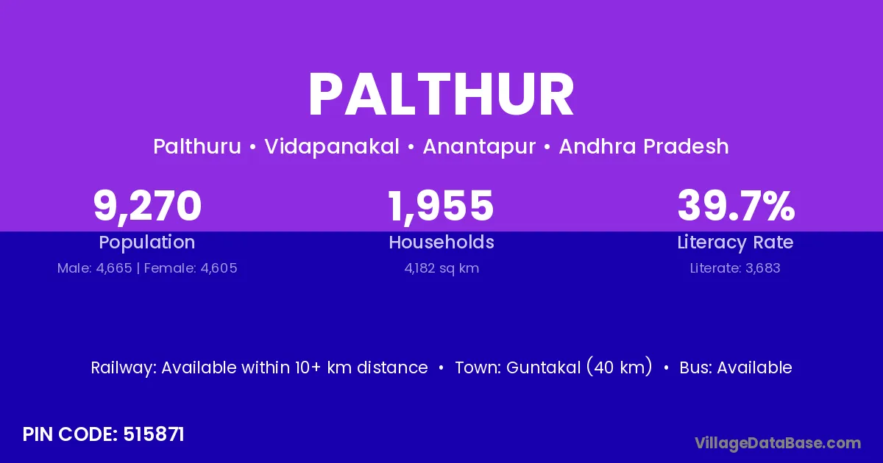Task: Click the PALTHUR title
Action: pos(441,95)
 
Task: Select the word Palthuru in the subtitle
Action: pos(197,146)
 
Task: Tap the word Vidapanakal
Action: pos(332,146)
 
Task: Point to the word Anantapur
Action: pos(479,147)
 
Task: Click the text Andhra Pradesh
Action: pos(644,146)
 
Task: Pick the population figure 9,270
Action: pos(147,206)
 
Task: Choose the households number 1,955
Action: pos(441,206)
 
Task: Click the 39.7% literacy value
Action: pos(736,205)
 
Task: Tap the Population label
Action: pos(147,243)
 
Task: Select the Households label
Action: pos(441,242)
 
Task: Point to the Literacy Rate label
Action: pos(735,243)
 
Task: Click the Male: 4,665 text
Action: pos(95,268)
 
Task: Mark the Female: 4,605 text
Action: pos(191,268)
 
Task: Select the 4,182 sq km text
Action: pos(441,268)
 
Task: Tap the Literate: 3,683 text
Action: pos(735,268)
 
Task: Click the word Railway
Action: pos(124,367)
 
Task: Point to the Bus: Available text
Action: pos(736,367)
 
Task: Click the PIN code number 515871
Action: pos(154,434)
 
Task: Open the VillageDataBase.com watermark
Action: pos(778,443)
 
